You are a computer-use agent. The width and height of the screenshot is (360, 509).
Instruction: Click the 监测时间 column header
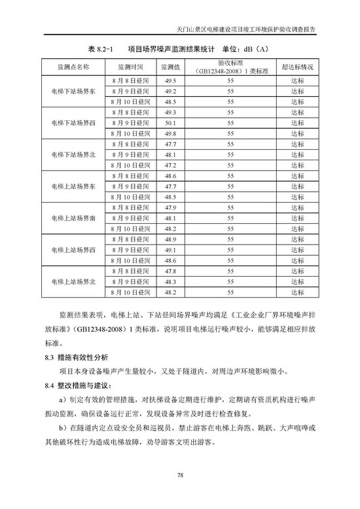click(x=131, y=67)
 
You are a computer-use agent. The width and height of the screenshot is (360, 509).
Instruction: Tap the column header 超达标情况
click(x=297, y=67)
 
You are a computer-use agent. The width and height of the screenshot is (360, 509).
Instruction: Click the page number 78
click(x=179, y=476)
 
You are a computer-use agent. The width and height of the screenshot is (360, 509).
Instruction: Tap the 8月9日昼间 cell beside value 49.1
click(x=131, y=250)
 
